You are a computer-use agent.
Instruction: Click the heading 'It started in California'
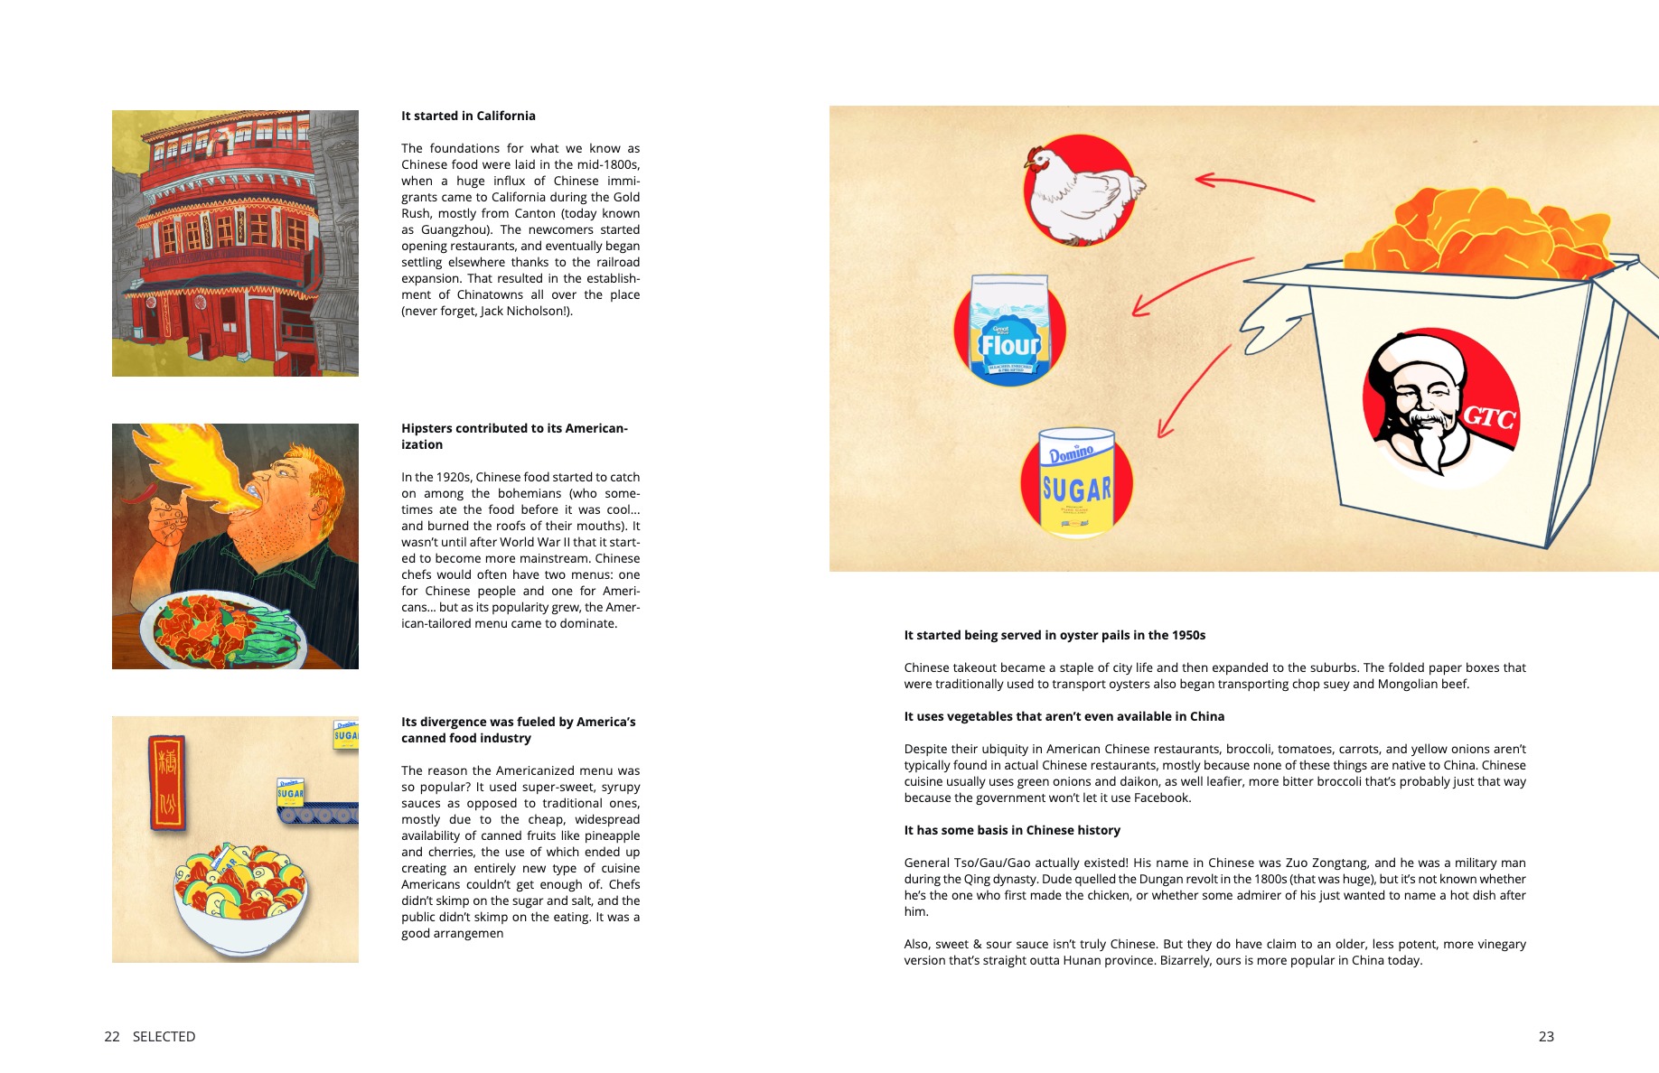point(468,116)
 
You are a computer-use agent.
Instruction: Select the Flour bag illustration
point(1009,329)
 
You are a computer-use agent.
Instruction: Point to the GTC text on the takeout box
point(1487,418)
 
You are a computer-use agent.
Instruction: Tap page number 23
point(1546,1036)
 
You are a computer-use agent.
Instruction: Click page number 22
point(112,1036)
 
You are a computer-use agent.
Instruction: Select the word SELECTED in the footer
point(164,1036)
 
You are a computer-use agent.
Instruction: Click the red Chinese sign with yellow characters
point(167,782)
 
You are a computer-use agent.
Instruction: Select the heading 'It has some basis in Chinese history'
point(1012,830)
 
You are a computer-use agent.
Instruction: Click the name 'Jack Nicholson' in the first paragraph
point(525,311)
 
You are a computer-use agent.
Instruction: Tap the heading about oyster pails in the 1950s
point(1054,635)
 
